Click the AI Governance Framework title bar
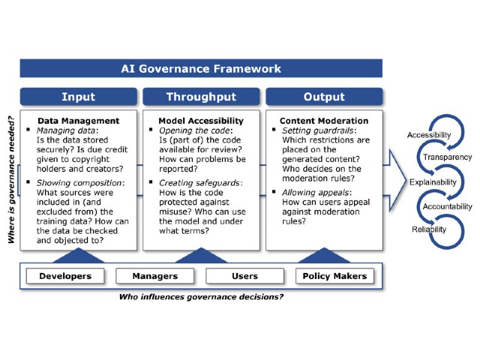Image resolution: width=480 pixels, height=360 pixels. coord(201,68)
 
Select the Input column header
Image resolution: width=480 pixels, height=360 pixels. coord(78,97)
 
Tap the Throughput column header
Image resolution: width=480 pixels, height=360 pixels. coord(201,97)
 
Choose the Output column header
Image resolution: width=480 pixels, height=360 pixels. coord(324,97)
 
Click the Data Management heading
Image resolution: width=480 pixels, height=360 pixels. coord(78,121)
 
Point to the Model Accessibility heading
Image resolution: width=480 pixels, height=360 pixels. coord(201,121)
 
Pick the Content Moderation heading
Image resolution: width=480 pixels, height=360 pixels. coord(324,121)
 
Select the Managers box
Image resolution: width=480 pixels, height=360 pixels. coord(155,276)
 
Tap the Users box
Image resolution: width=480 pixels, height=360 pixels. coord(244,276)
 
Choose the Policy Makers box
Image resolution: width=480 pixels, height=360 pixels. coord(334,276)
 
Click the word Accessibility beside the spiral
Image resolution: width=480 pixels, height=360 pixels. coord(428,135)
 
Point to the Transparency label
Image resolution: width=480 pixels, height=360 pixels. coord(447,157)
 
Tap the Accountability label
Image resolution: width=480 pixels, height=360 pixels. coord(448,206)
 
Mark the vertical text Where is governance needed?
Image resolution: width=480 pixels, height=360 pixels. coord(11,180)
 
